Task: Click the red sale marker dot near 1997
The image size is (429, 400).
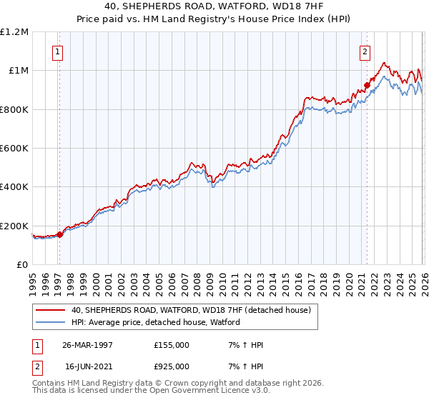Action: (x=60, y=235)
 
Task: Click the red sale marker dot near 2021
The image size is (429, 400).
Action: (x=367, y=85)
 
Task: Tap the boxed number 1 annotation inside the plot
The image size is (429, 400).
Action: (x=56, y=51)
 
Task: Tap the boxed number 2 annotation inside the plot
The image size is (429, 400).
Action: (x=365, y=51)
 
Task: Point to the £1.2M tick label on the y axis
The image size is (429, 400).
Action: (x=14, y=32)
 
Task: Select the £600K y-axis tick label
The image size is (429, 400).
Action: (x=14, y=149)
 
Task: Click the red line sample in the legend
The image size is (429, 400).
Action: (x=51, y=311)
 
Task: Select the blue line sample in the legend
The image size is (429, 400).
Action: (x=51, y=322)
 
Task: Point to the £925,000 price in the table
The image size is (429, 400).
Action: (x=172, y=365)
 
